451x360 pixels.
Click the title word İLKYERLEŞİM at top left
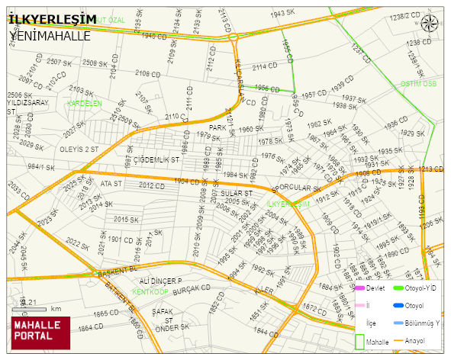(x=52, y=18)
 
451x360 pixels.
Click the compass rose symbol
(x=430, y=24)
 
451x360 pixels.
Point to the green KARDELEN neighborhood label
(x=84, y=103)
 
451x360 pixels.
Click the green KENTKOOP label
(x=150, y=292)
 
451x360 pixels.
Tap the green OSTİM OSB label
(x=418, y=84)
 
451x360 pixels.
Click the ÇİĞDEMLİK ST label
(x=156, y=160)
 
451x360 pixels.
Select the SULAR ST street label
(x=237, y=194)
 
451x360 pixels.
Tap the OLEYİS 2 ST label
(x=79, y=149)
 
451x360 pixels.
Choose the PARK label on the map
(x=219, y=127)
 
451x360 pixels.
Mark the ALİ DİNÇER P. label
(x=160, y=281)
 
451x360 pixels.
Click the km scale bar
(x=34, y=308)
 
